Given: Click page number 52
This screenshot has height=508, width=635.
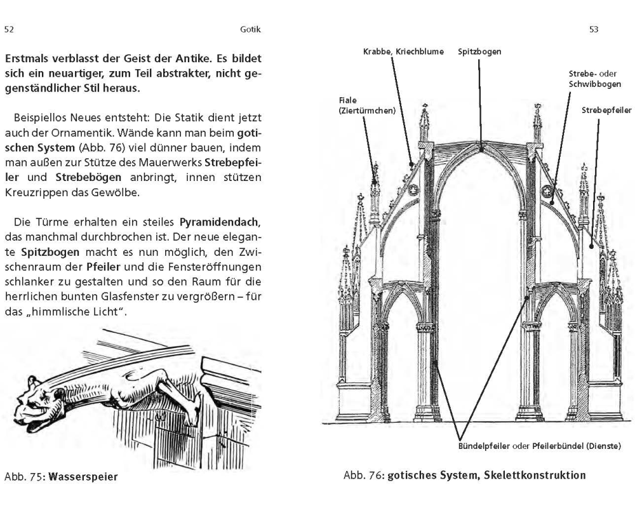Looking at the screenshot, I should point(9,29).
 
